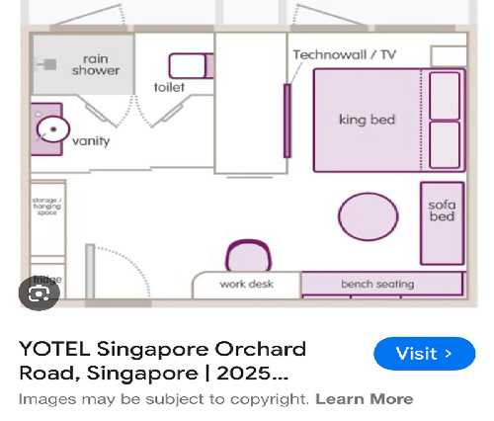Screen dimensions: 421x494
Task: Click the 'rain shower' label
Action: coord(95,64)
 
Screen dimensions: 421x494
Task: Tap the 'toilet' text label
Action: coord(169,87)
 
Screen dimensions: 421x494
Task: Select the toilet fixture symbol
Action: coord(190,66)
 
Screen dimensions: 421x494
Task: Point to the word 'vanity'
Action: coord(91,141)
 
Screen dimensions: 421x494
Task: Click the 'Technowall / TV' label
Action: coord(344,55)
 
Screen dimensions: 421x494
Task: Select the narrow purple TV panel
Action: coord(288,120)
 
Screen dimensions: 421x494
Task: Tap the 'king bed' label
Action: coord(367,120)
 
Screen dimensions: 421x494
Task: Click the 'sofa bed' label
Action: coord(442,210)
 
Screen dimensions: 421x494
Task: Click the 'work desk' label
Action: coord(246,285)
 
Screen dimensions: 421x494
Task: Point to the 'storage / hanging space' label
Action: coord(46,206)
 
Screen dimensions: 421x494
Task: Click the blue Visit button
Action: coord(424,353)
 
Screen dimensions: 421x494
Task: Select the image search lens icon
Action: coord(40,293)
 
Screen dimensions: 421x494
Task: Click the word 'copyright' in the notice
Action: coord(278,399)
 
